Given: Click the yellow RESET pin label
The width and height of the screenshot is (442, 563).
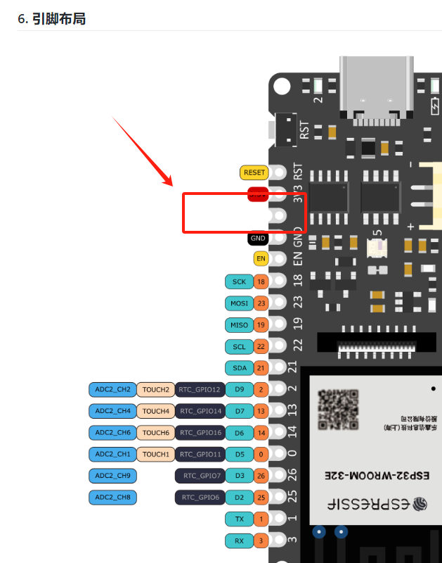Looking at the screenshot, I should point(254,172).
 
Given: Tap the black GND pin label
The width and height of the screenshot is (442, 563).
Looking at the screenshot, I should point(258,239).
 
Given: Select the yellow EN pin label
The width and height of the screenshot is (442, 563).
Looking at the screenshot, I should point(261,258).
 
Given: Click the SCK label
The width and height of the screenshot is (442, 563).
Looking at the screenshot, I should point(239,281).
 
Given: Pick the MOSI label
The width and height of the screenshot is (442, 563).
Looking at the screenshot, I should point(239,303).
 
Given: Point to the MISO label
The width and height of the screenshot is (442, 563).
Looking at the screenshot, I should point(239,325).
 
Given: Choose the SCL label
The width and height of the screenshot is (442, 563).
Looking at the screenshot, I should point(239,346).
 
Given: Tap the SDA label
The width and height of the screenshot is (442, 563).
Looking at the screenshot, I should point(239,367).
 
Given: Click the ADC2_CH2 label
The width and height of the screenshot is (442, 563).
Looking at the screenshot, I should point(112,389).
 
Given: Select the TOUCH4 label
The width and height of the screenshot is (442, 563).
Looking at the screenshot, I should point(155,410).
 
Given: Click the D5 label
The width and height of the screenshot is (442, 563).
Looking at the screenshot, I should point(240,454).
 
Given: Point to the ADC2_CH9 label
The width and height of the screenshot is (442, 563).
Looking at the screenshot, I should point(112,476).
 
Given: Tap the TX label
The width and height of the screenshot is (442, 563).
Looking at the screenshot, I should point(239,519).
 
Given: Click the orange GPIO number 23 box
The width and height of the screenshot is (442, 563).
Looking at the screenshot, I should point(261,303).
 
